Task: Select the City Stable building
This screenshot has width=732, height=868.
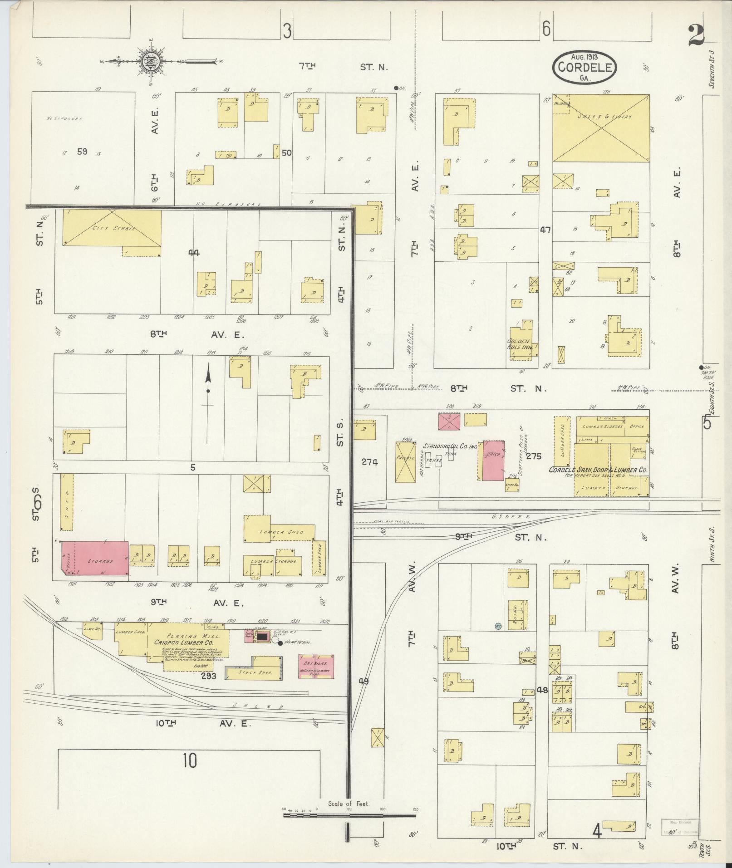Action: (112, 229)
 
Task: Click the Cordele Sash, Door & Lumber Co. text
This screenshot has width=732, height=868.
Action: (598, 470)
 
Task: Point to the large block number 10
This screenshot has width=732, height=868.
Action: (190, 760)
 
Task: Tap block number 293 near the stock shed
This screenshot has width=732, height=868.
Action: (209, 689)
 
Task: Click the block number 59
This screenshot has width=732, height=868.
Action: (82, 152)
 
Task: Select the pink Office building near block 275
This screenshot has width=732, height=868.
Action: (493, 460)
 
